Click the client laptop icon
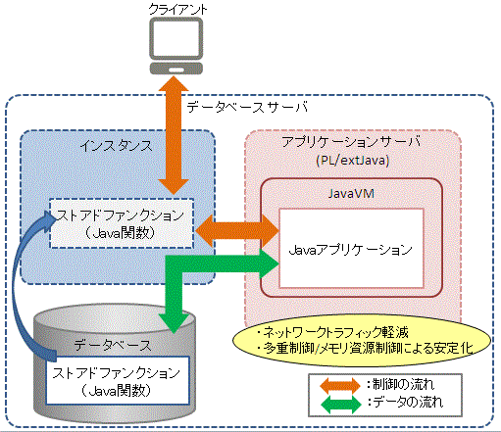[176, 46]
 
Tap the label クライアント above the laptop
[177, 9]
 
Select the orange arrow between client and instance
[174, 135]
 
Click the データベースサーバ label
[247, 107]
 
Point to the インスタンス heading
[117, 146]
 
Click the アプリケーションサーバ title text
[352, 142]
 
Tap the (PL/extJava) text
[353, 161]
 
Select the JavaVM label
[351, 194]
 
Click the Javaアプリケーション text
[350, 251]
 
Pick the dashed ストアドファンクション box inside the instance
[122, 223]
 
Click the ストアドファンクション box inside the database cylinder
[118, 380]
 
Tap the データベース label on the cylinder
[113, 345]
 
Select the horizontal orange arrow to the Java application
[237, 231]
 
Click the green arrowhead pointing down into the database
[175, 321]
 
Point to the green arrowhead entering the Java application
[270, 264]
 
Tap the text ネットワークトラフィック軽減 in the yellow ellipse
[335, 332]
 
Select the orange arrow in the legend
[340, 385]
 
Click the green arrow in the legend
[341, 405]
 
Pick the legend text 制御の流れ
[403, 385]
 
